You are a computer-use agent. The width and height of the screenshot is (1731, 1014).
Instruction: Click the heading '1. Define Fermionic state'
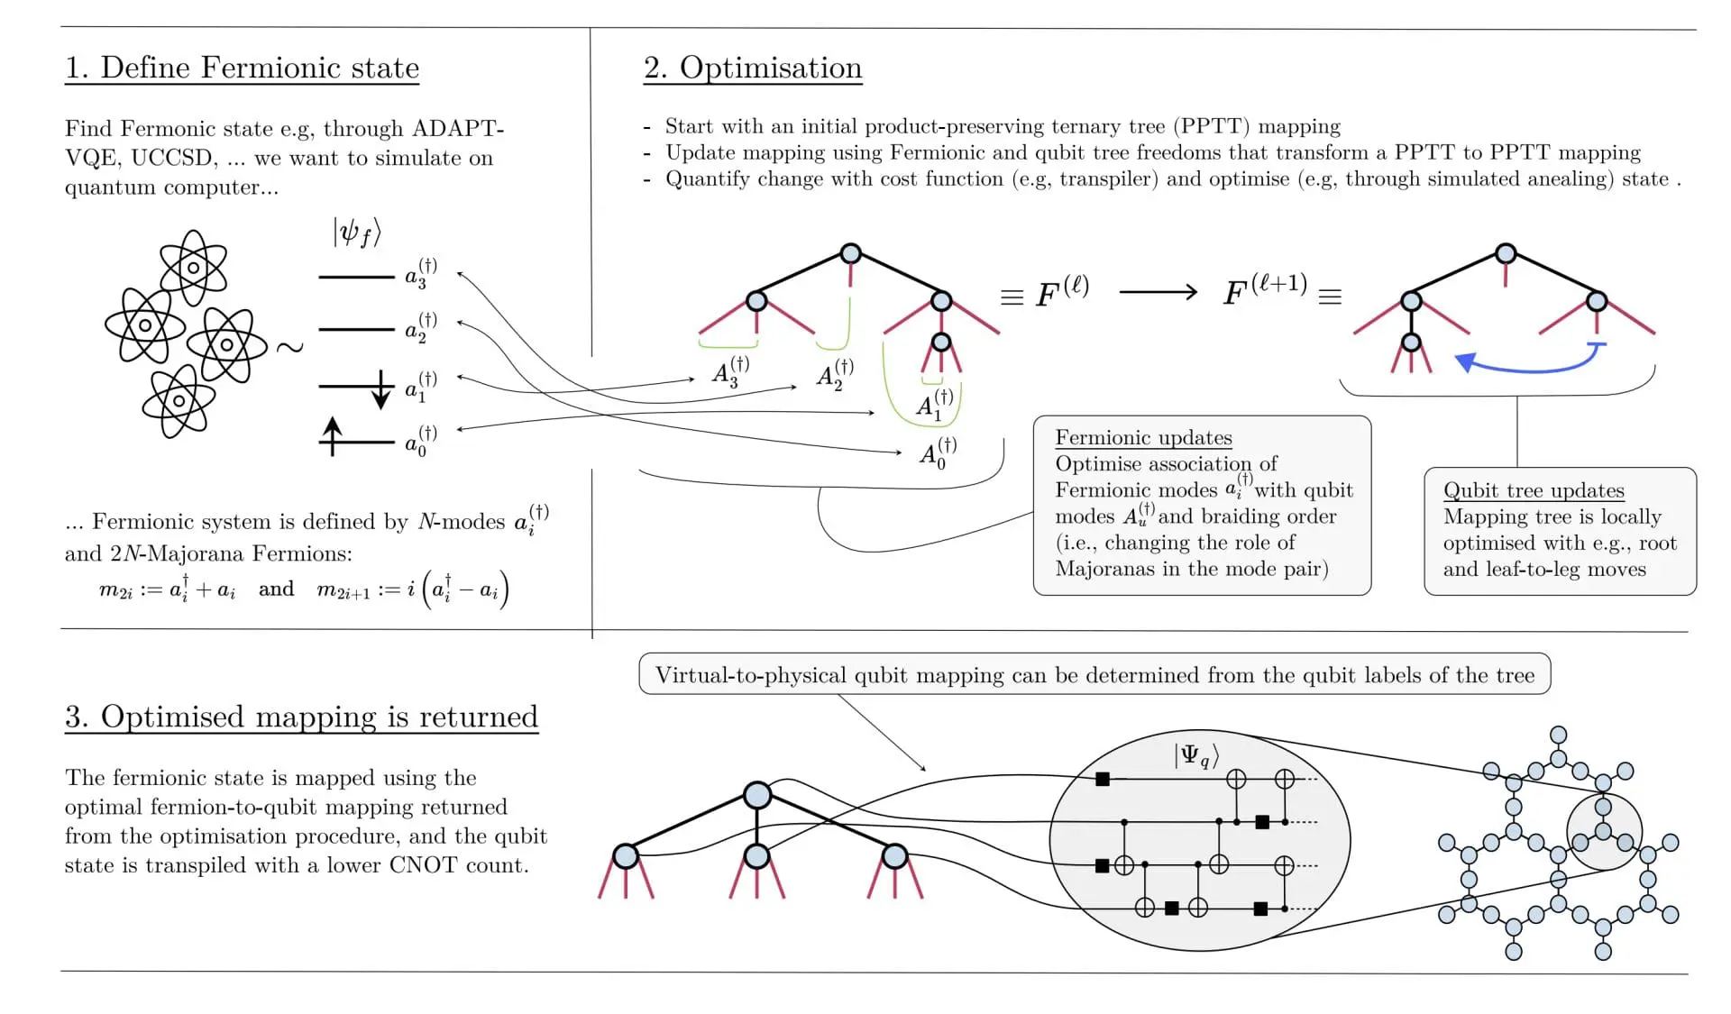click(x=242, y=68)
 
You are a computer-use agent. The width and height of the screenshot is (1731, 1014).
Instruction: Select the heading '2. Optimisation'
click(x=753, y=68)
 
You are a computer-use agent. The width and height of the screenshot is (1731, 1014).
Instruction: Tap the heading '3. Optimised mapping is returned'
click(x=301, y=717)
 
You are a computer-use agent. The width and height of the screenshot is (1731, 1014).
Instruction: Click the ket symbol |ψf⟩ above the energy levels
click(x=357, y=233)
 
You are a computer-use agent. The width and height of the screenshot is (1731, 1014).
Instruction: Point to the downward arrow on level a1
click(x=381, y=390)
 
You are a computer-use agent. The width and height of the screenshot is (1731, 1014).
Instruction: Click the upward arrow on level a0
click(x=333, y=435)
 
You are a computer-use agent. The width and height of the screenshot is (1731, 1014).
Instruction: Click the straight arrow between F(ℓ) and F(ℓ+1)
click(x=1158, y=292)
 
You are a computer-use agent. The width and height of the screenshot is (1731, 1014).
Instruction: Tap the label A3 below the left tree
click(x=729, y=371)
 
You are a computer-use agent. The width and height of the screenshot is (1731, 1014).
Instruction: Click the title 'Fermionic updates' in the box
click(x=1143, y=438)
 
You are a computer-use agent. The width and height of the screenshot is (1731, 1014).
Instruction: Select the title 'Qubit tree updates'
click(x=1534, y=490)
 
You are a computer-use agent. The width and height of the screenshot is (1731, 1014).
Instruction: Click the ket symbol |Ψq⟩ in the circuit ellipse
click(x=1196, y=755)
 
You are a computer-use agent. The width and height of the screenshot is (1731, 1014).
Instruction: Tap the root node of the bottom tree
click(x=757, y=795)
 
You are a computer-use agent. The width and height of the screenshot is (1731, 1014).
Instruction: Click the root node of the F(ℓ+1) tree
click(x=1505, y=253)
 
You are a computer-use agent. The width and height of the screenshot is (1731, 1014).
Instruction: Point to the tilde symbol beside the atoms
click(x=289, y=347)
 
